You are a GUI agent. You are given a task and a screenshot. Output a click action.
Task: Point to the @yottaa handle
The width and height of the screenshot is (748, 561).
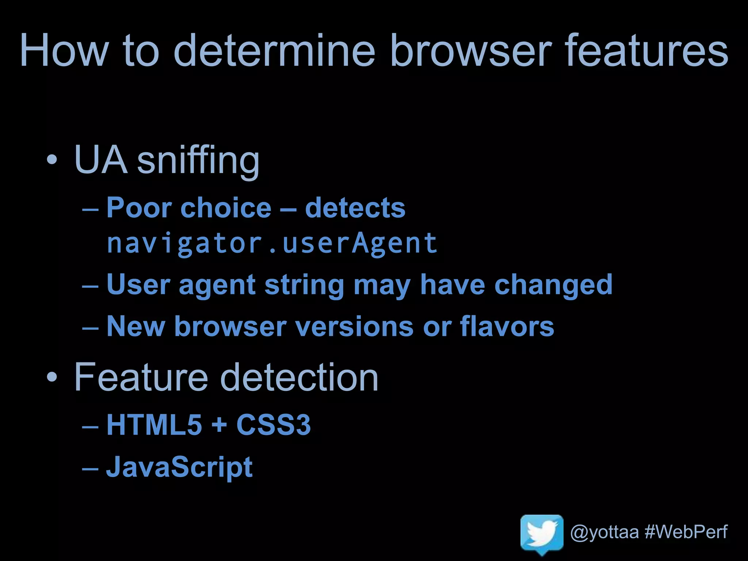(x=604, y=532)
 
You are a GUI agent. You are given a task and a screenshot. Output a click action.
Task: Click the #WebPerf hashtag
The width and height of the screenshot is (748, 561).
(x=686, y=532)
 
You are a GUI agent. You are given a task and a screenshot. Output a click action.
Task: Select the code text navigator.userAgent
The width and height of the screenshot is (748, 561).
(x=272, y=244)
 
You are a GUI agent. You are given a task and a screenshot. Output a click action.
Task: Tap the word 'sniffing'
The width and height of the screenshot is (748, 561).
(x=198, y=161)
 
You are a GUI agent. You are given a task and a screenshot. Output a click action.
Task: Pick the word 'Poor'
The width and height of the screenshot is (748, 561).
(x=139, y=208)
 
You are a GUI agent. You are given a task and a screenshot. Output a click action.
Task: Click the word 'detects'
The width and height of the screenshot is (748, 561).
(x=355, y=208)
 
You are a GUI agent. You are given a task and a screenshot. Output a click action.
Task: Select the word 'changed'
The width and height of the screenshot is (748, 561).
(x=553, y=285)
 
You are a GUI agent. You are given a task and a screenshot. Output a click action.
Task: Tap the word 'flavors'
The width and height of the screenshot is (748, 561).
(x=507, y=326)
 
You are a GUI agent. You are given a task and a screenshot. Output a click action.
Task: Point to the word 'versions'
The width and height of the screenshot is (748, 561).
(x=354, y=326)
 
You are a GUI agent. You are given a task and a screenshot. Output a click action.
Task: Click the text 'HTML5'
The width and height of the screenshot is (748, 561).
(x=154, y=425)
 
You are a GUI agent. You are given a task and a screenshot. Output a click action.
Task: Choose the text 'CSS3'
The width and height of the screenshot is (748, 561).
(x=274, y=425)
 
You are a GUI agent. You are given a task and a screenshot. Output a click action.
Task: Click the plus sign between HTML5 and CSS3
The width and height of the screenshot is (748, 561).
(x=219, y=425)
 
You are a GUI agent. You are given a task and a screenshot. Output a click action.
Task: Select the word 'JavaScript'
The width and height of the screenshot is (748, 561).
(x=179, y=467)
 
